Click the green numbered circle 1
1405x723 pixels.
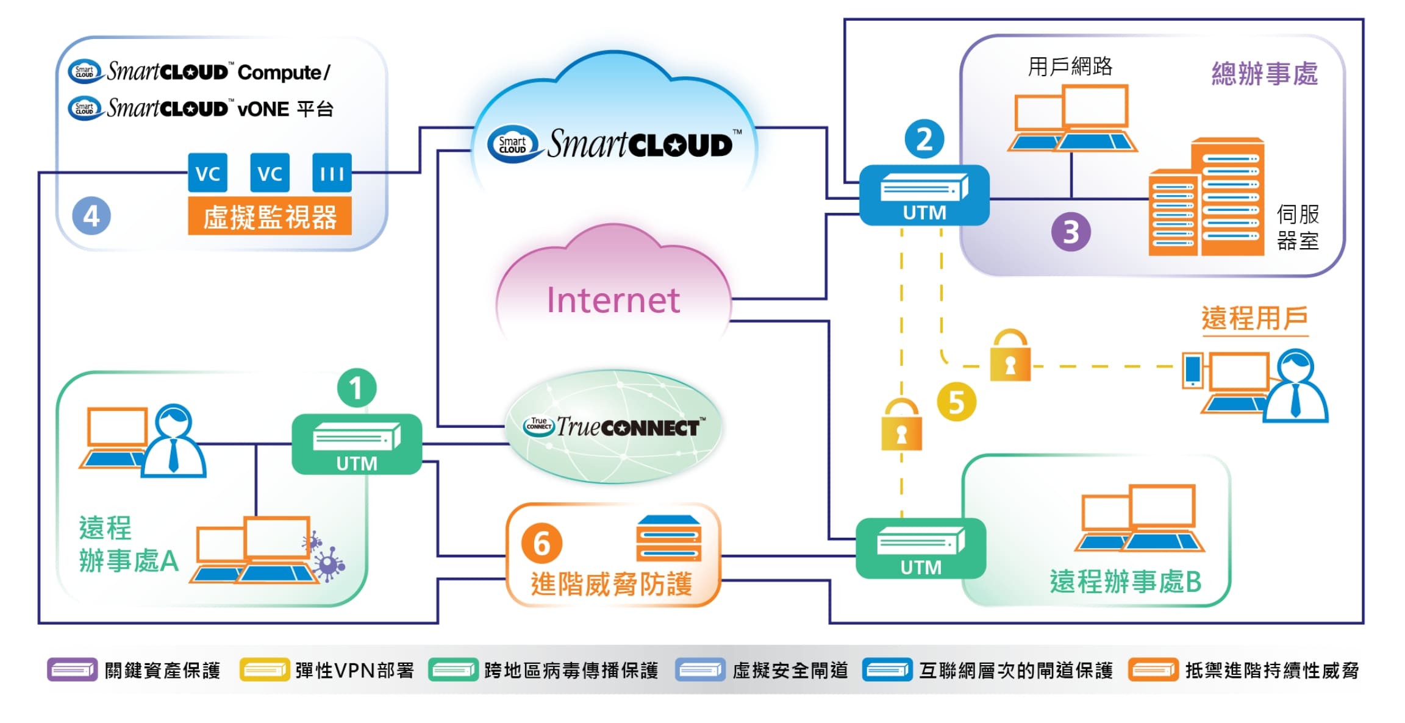point(357,388)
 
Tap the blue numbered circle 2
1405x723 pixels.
point(924,139)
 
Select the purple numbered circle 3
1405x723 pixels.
point(1071,232)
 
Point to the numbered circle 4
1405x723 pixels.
point(91,216)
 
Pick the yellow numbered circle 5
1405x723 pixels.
point(956,402)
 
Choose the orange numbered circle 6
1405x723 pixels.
point(542,543)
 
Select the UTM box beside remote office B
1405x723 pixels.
point(920,548)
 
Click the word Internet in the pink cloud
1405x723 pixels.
point(613,300)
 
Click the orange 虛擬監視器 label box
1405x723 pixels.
point(270,216)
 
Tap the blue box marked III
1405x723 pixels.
point(332,173)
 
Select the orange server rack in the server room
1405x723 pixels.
point(1206,198)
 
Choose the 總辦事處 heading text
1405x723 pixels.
point(1264,74)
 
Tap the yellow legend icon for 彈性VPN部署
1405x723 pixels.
point(264,669)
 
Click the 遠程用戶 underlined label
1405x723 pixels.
point(1254,319)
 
